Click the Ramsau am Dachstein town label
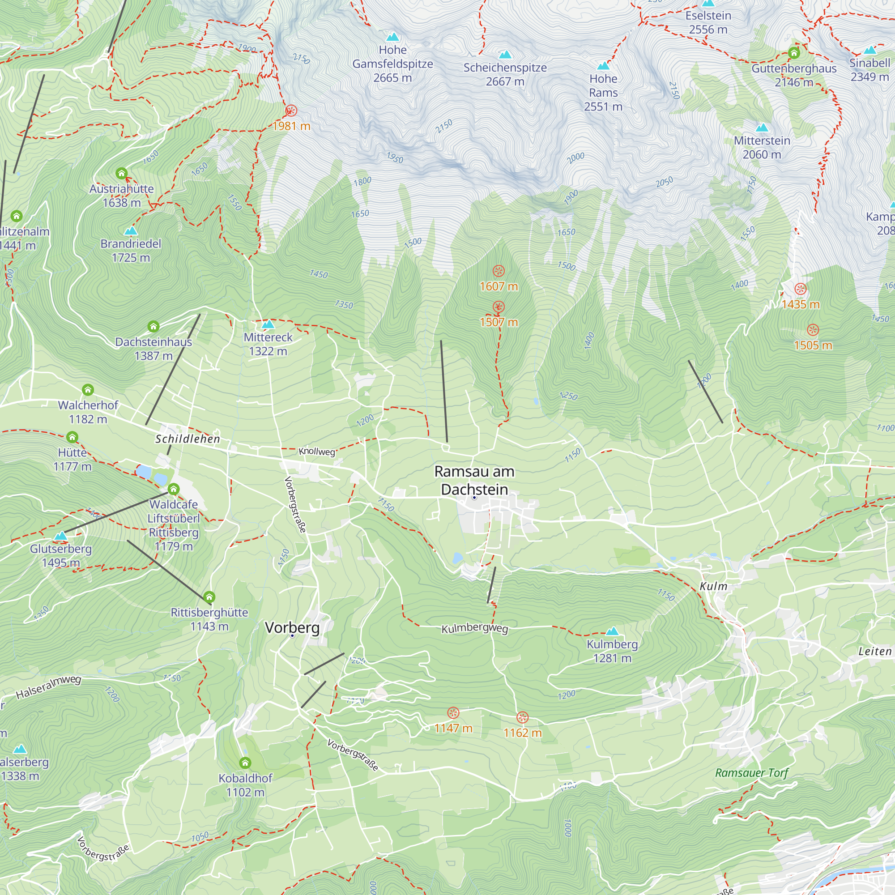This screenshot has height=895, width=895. [474, 480]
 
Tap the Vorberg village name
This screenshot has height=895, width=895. [292, 628]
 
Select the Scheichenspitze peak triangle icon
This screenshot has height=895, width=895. [505, 55]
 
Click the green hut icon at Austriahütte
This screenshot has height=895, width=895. [121, 173]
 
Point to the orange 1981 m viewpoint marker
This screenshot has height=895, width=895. [291, 110]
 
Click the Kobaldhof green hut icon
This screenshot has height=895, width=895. [245, 763]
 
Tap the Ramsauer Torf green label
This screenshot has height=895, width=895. [751, 773]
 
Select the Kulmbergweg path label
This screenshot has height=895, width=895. [474, 629]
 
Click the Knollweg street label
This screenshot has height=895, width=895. [317, 451]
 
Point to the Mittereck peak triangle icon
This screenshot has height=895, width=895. [268, 324]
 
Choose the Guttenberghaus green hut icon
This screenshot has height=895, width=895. [794, 53]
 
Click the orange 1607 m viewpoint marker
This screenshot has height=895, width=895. [499, 271]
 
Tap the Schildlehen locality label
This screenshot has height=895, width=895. [188, 439]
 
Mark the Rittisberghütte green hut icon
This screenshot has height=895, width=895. [209, 597]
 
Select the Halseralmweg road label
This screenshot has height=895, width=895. [49, 687]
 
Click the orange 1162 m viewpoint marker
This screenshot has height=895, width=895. [523, 718]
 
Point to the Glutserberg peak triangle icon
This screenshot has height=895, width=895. [61, 536]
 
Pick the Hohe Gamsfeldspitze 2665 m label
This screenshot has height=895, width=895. [392, 64]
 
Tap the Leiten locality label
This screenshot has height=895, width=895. [874, 651]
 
